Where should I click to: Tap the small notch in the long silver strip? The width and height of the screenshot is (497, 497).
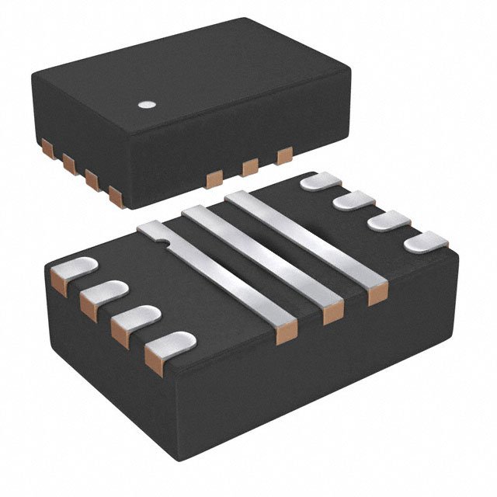coord(162,243)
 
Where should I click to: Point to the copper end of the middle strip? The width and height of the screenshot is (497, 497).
coord(332,312)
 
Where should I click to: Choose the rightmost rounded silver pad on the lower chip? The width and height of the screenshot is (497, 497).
coord(425,242)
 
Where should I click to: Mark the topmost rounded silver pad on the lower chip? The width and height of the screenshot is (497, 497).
coord(319,182)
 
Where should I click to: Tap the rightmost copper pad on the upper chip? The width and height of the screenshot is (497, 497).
coord(285,155)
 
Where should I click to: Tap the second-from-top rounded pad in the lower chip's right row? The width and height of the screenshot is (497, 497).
coord(353,201)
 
